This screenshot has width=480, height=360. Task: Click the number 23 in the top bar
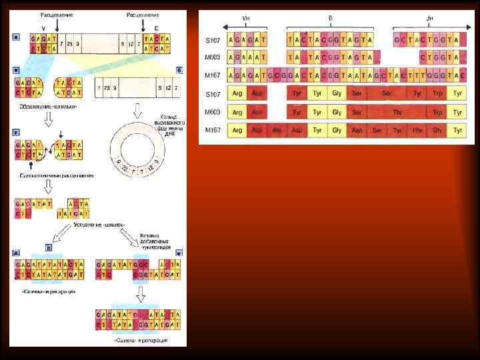69,44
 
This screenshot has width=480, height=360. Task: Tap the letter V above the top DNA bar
44,29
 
